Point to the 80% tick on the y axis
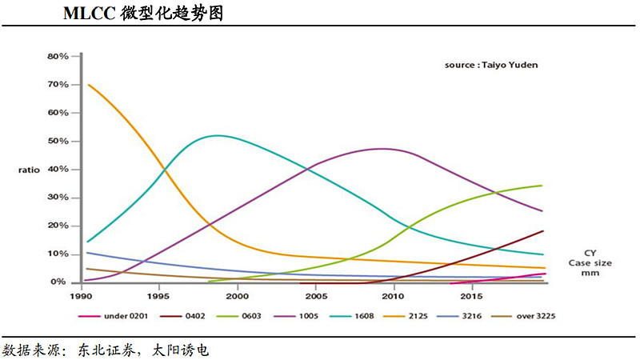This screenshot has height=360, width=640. (58, 57)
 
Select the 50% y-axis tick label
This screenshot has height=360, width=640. (58, 142)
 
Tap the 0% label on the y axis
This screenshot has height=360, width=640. (61, 282)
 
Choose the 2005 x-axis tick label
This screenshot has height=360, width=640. (314, 296)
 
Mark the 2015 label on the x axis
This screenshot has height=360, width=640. (470, 296)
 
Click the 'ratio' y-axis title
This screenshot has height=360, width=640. (30, 170)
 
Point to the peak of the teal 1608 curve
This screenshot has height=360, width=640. (218, 135)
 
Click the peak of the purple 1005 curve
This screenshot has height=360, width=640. (382, 149)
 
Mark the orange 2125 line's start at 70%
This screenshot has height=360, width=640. (87, 85)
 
